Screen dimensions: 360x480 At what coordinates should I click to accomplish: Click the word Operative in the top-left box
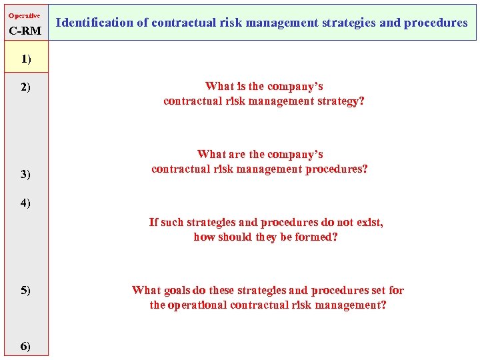[x=24, y=15]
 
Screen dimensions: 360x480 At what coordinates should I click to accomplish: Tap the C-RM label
[x=25, y=31]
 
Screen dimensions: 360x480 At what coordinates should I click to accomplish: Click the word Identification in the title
[x=95, y=23]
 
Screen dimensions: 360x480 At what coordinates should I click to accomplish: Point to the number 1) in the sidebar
[x=25, y=59]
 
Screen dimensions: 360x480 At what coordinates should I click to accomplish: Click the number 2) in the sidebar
[x=25, y=87]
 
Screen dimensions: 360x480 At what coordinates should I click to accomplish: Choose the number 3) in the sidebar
[x=25, y=175]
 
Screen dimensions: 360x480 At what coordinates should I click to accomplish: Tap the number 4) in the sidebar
[x=25, y=203]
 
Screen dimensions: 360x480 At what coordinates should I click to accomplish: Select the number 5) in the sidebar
[x=25, y=290]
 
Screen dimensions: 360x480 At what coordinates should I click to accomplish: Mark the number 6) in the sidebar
[x=25, y=345]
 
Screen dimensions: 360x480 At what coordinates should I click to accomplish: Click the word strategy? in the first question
[x=340, y=101]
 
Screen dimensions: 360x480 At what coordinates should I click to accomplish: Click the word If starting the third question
[x=153, y=222]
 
